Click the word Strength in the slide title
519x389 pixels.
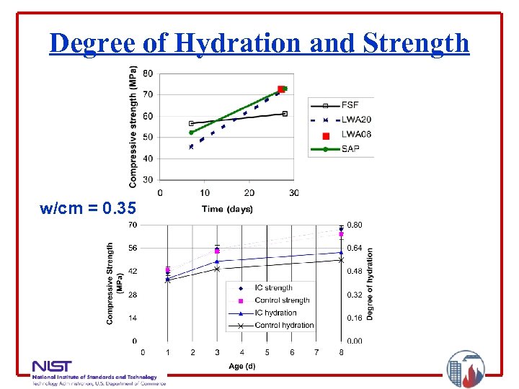pos(416,43)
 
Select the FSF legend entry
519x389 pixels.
pos(350,105)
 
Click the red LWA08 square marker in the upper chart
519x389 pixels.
pos(281,90)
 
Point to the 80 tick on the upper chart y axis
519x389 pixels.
pos(148,73)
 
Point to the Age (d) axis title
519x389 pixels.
pos(241,366)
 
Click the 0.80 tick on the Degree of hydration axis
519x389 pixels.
pos(355,225)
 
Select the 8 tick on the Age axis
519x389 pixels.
pos(342,352)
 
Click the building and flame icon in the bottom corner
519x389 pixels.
pos(466,370)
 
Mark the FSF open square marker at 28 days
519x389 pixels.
pos(285,114)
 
